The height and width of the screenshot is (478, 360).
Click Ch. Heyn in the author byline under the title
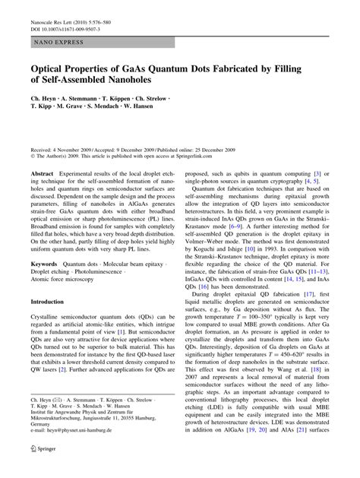click(x=44, y=100)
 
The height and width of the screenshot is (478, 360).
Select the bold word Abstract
click(x=43, y=174)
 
